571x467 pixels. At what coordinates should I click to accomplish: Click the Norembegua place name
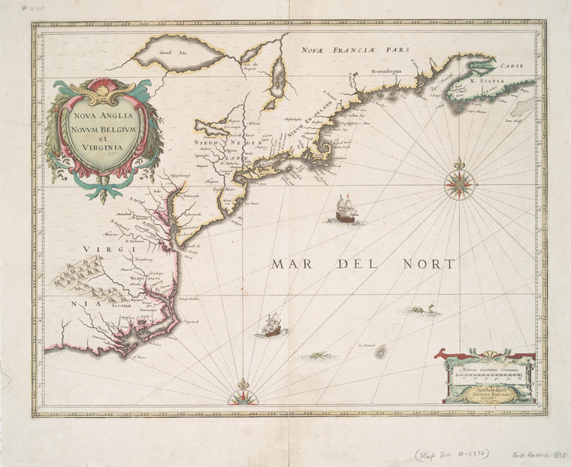click(x=388, y=72)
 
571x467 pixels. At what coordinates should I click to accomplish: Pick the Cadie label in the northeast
click(x=511, y=67)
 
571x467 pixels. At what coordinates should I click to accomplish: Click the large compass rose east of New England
click(x=458, y=183)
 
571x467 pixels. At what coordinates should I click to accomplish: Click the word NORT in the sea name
click(x=431, y=264)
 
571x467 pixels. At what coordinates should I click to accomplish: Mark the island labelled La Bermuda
click(x=380, y=350)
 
